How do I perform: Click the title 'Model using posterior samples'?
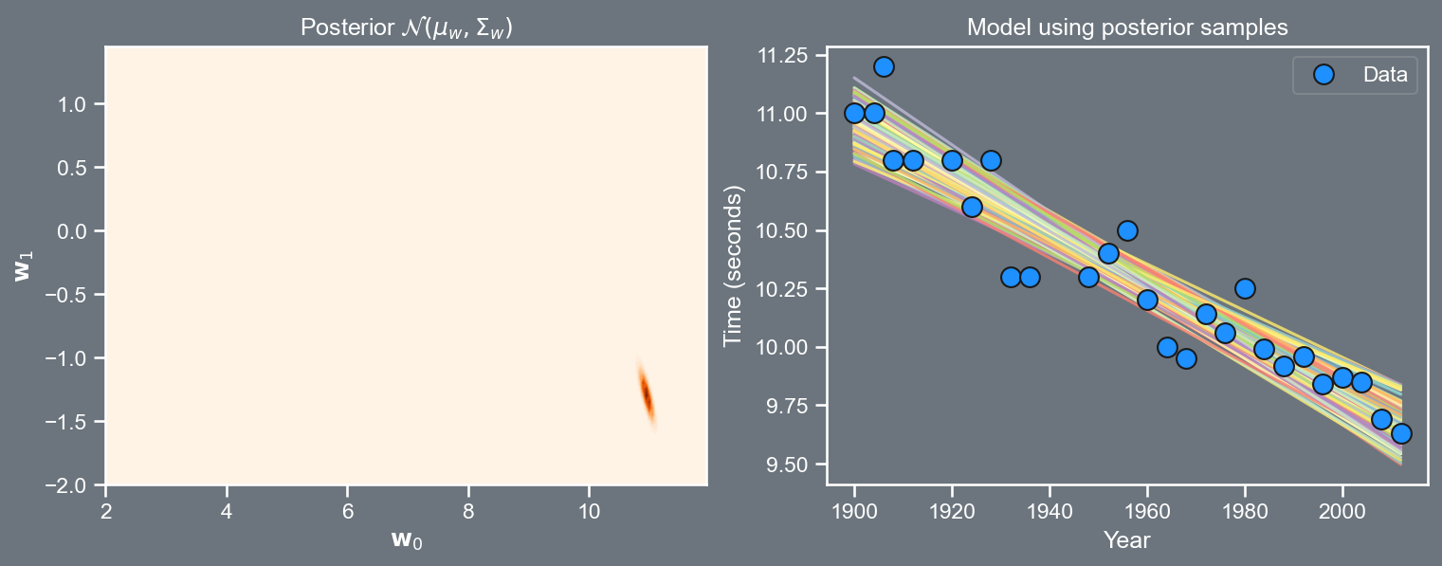[1127, 27]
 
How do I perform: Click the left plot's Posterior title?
[407, 28]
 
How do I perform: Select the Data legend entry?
[1356, 75]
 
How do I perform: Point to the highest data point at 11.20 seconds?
[884, 66]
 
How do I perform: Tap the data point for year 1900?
[854, 113]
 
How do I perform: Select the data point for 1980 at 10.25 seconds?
[1245, 288]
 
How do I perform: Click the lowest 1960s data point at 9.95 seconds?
[1186, 358]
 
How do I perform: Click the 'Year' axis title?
[1127, 540]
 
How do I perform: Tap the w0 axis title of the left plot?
[407, 540]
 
